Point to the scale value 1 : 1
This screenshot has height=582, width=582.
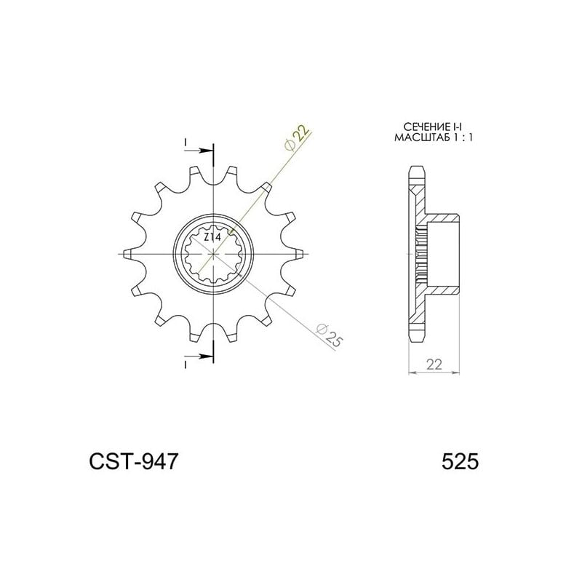coord(461,137)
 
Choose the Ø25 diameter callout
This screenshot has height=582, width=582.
coord(330,336)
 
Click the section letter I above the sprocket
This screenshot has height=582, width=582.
coord(186,141)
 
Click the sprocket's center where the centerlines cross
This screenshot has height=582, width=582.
coord(214,254)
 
